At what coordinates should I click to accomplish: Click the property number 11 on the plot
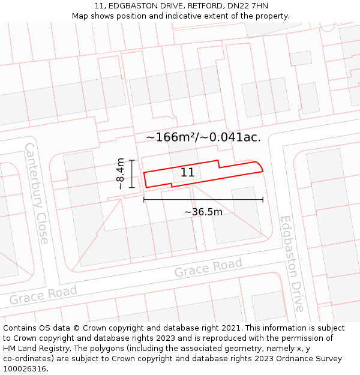187,173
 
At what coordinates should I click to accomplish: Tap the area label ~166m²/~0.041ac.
203,137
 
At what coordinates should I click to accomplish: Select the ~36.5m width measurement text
203,212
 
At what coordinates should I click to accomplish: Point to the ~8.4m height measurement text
121,174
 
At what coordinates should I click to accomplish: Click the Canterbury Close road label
36,193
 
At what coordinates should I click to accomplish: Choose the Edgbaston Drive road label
292,264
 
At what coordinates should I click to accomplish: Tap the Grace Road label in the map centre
208,268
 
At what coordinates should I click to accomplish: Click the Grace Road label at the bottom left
43,295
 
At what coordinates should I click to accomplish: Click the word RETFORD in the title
197,6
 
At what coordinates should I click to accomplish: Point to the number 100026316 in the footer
26,369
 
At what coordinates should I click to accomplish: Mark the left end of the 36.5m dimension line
144,199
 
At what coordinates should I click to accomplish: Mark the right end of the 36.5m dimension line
263,199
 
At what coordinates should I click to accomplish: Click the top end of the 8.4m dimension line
131,160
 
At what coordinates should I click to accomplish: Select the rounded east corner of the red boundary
260,164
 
